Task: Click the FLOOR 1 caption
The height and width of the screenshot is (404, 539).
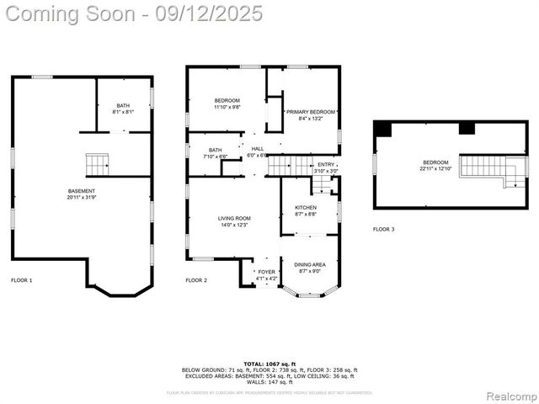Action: click(x=22, y=279)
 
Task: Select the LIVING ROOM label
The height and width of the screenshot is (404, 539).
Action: click(x=230, y=221)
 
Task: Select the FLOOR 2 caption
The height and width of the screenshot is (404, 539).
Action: click(x=196, y=279)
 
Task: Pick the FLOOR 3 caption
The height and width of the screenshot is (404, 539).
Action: click(x=384, y=229)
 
